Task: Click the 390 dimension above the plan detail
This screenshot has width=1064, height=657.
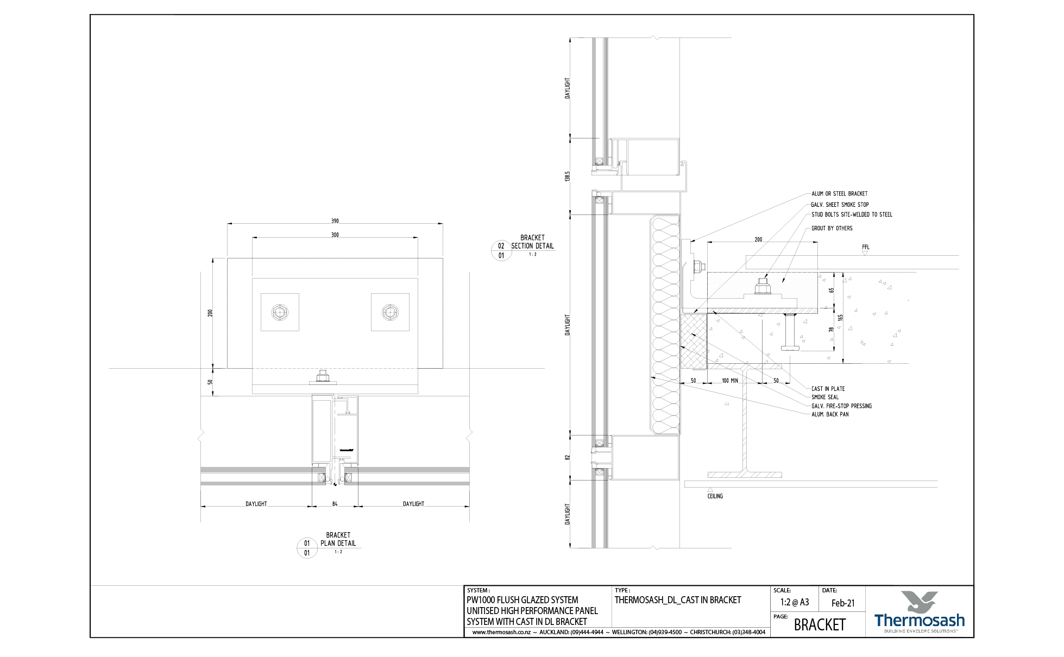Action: pos(335,221)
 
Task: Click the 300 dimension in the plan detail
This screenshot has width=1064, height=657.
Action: pos(335,235)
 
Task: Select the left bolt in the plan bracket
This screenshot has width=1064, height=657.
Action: pos(280,312)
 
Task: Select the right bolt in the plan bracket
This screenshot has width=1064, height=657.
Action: pos(389,312)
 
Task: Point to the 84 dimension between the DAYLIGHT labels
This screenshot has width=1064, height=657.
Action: pos(335,504)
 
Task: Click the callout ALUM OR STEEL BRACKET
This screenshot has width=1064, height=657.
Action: pos(839,194)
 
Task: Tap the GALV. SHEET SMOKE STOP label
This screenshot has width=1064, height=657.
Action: pos(840,205)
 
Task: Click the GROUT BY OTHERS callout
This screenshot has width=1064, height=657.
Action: pos(832,229)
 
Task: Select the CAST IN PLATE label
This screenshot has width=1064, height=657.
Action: pos(828,389)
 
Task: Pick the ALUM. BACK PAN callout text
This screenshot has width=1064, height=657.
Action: pos(829,414)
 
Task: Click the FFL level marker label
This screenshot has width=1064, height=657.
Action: pos(865,248)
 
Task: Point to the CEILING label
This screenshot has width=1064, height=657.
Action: pos(715,496)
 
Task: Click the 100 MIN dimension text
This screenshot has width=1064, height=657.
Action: pos(729,381)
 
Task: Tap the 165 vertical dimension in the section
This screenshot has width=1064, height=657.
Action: pos(841,318)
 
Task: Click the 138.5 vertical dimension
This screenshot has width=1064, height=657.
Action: pos(568,176)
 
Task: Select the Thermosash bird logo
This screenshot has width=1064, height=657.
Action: pos(919,602)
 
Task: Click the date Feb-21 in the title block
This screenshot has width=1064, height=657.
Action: pos(843,603)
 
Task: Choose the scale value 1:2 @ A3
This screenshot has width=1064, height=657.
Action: pos(794,602)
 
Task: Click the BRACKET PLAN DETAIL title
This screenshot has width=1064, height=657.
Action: pos(338,539)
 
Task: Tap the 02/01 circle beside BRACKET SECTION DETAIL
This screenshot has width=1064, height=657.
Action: pos(501,251)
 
